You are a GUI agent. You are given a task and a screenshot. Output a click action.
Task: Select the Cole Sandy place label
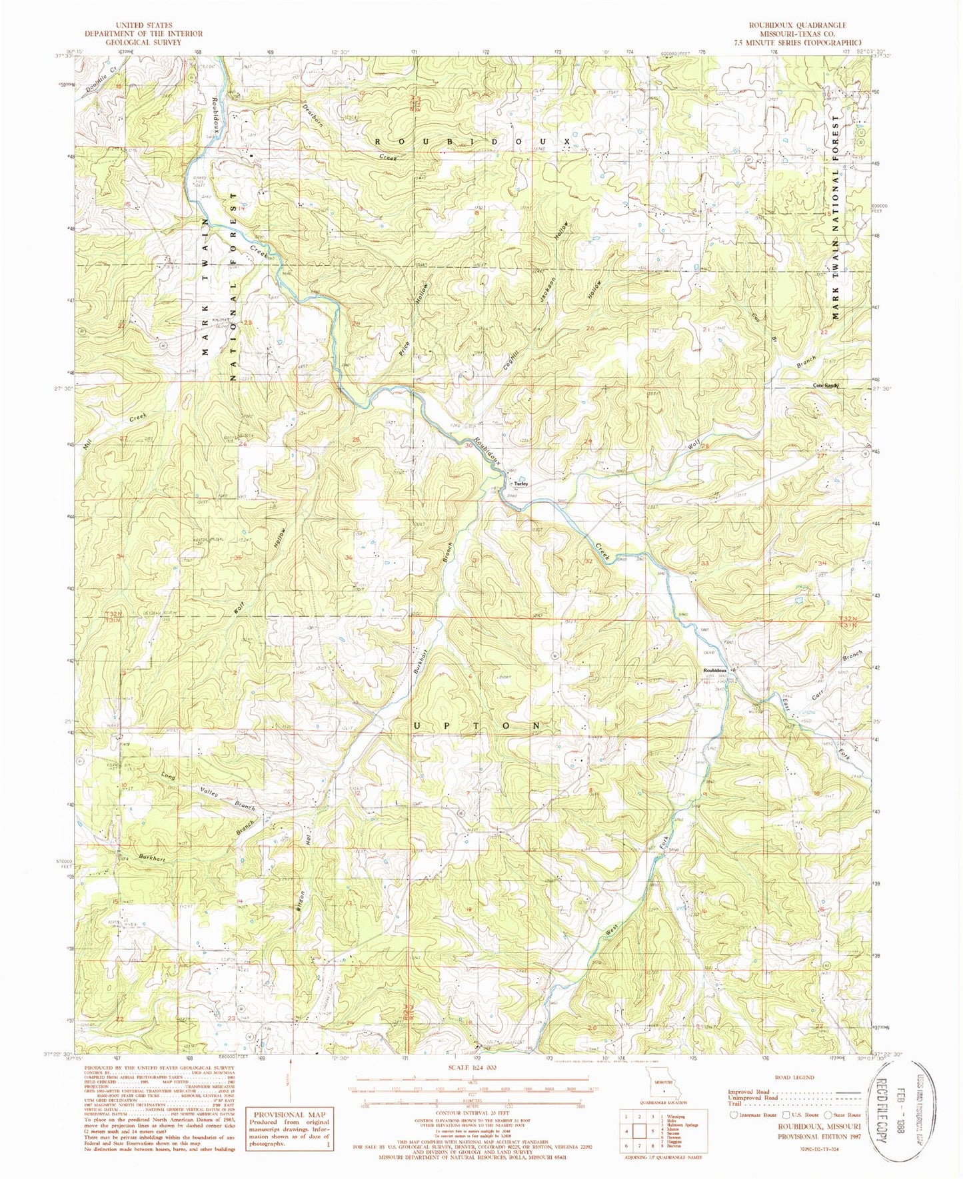(x=824, y=386)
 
